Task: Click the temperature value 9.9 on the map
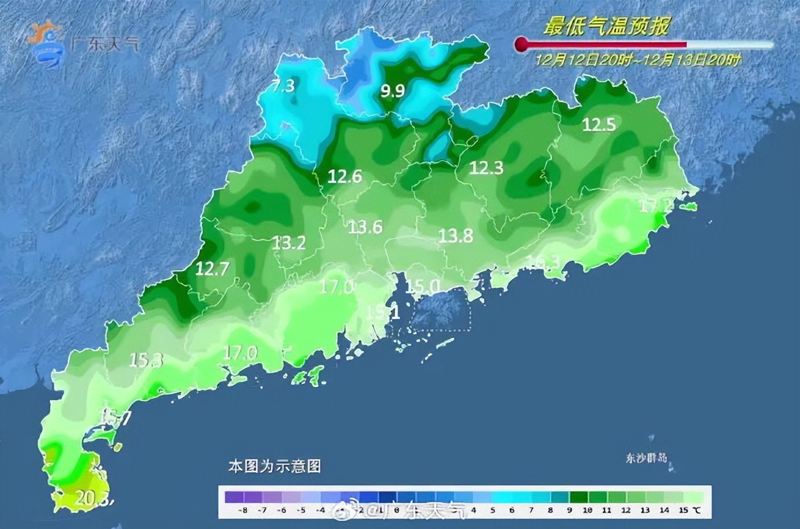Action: point(392,90)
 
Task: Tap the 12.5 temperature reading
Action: point(599,124)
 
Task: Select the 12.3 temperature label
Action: point(486,168)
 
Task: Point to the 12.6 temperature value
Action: point(344,176)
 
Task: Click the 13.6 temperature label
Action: point(365,227)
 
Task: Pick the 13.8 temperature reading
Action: point(455,235)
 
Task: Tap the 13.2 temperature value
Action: point(289,242)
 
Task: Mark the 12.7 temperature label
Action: point(212,269)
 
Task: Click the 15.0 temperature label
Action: point(421,286)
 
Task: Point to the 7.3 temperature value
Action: point(283,86)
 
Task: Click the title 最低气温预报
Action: point(606,26)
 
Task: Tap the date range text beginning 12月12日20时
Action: point(638,60)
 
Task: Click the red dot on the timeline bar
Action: point(521,44)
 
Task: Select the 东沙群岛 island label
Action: point(646,458)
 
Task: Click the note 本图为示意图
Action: point(274,466)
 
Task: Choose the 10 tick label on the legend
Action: point(587,510)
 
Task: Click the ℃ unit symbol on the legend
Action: point(696,510)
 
